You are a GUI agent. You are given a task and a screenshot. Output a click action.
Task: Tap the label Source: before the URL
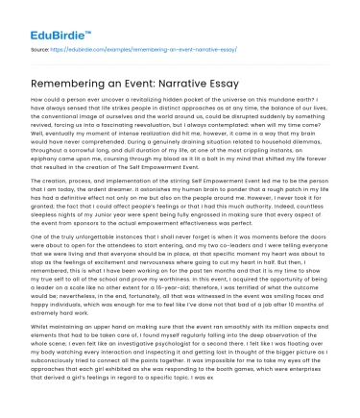(x=39, y=46)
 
